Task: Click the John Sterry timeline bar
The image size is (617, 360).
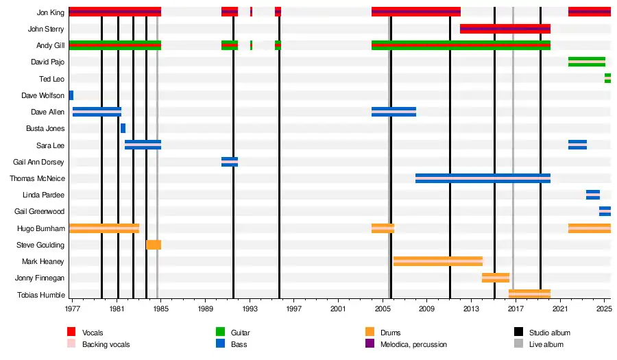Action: [505, 29]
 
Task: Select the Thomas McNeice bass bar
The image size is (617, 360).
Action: [483, 178]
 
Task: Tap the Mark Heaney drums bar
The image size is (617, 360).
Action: [437, 261]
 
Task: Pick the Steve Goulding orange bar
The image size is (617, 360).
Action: [154, 245]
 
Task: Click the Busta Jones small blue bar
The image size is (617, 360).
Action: [123, 128]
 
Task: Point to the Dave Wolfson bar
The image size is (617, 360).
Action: [71, 95]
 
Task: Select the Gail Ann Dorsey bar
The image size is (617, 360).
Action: [230, 162]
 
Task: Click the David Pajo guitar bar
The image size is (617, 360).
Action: [586, 62]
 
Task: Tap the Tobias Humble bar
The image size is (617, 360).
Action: [529, 294]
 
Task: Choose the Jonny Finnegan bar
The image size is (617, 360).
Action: [495, 278]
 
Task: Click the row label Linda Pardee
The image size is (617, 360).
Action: [44, 195]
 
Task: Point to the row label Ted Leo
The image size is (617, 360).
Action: [52, 79]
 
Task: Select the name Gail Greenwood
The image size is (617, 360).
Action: [40, 211]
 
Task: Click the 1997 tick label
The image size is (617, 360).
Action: [293, 309]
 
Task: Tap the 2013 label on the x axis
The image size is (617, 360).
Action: [471, 309]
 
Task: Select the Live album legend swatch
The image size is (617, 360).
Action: [519, 344]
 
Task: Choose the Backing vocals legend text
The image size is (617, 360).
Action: [106, 344]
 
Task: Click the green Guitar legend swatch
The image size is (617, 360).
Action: [221, 333]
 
